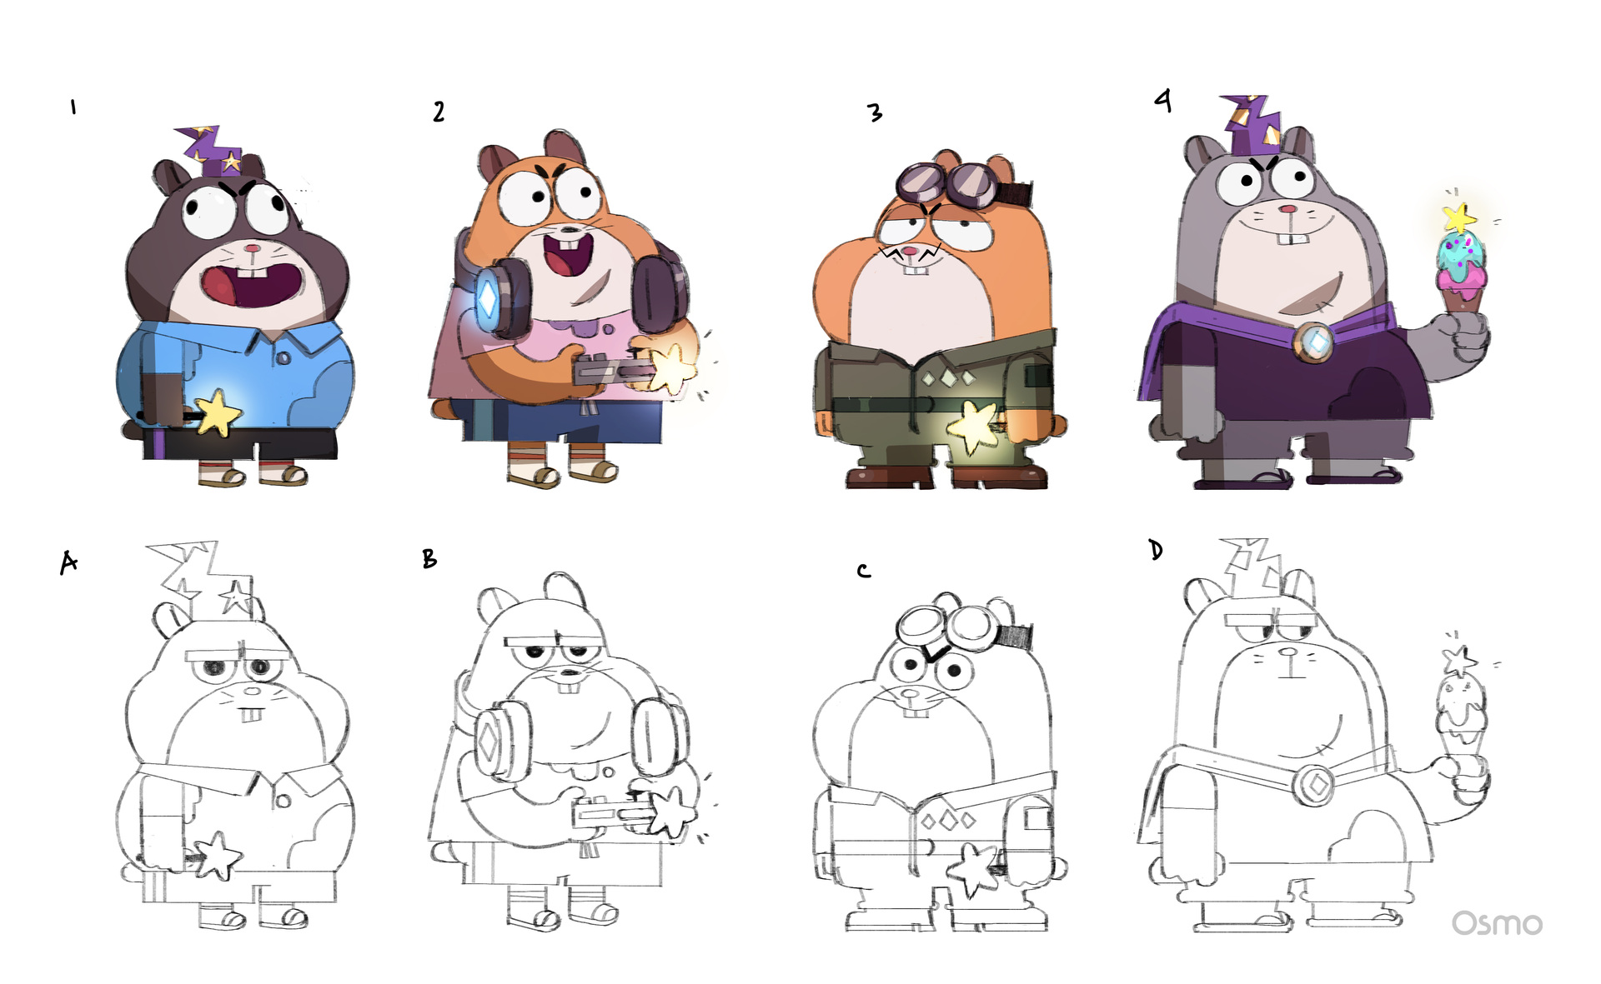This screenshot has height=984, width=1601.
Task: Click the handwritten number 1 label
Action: (x=73, y=107)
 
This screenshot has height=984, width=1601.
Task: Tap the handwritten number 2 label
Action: (x=439, y=112)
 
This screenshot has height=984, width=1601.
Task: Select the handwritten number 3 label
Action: (x=874, y=112)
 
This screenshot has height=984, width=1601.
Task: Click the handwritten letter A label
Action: (x=68, y=562)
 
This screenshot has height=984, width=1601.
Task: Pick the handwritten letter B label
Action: (x=429, y=558)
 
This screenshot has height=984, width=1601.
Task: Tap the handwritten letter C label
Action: (x=864, y=571)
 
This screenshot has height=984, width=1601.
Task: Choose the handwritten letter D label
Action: (x=1156, y=550)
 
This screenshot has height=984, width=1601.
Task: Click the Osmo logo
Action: (x=1497, y=923)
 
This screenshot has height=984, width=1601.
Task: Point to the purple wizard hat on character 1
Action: (x=213, y=152)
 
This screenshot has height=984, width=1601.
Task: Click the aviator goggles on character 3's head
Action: (x=951, y=186)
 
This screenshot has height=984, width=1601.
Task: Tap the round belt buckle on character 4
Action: (x=1315, y=341)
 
